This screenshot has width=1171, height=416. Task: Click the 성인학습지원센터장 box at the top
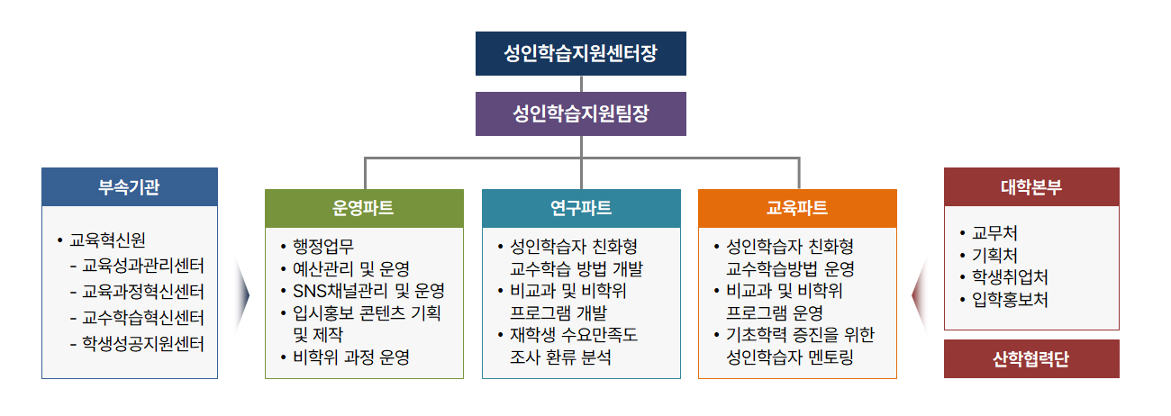[580, 53]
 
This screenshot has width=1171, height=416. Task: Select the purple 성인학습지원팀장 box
[580, 114]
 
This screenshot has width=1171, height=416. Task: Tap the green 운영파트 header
[364, 208]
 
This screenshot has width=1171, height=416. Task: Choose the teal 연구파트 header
[580, 208]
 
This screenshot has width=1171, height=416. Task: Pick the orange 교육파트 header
[797, 208]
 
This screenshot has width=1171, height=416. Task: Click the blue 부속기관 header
[130, 187]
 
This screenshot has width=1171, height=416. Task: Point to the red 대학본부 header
[1031, 187]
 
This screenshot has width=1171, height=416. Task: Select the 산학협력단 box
[1031, 359]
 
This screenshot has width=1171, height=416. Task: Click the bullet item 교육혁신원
[107, 240]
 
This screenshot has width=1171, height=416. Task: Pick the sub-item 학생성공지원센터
[143, 343]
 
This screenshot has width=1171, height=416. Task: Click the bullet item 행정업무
[323, 247]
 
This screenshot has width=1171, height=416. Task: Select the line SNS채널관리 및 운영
[368, 291]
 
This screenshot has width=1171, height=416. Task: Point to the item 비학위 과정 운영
[350, 357]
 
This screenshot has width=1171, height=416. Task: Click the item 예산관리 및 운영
[350, 268]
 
